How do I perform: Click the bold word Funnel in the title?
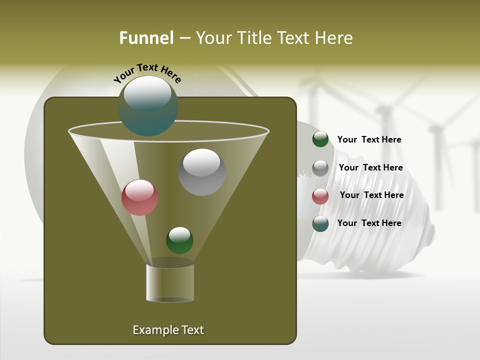(x=146, y=38)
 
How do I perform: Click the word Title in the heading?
(x=254, y=38)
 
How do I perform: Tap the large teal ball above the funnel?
(x=148, y=106)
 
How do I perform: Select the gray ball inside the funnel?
(x=202, y=172)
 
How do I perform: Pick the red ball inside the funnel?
(x=140, y=197)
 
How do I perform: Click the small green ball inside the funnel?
(x=179, y=240)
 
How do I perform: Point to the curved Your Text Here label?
(x=147, y=73)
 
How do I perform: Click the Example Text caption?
(x=168, y=330)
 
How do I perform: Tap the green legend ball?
(x=320, y=139)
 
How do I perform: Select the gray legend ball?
(x=320, y=168)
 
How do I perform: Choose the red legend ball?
(x=320, y=196)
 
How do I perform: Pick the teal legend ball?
(x=320, y=223)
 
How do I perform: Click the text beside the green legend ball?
(x=369, y=139)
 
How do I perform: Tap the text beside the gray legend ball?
(x=370, y=167)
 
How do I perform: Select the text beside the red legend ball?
(x=371, y=195)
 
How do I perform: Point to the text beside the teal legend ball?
(x=369, y=223)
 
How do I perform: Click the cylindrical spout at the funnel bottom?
(x=170, y=282)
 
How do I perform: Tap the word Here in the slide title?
(x=331, y=38)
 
